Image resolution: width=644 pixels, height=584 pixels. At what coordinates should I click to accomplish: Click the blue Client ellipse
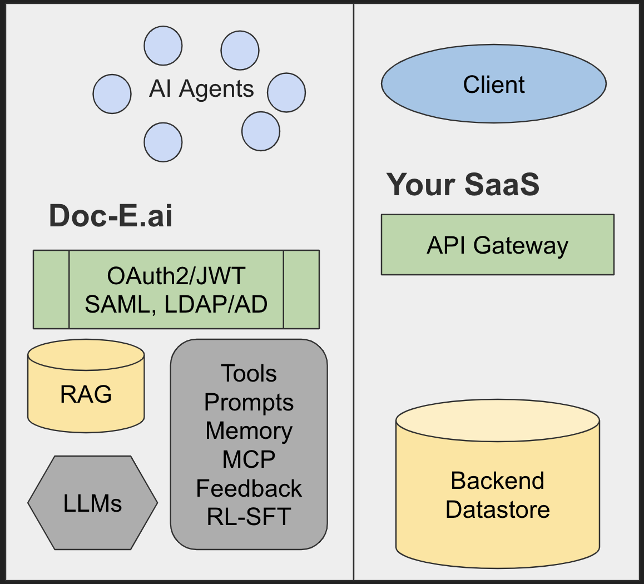493,85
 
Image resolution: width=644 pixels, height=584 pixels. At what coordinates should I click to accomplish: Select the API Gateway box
497,245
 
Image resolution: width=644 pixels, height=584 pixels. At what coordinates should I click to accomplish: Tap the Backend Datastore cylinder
497,489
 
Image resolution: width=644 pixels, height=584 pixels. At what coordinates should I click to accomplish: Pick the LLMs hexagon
92,503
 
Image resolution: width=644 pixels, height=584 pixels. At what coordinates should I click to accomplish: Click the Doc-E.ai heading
111,215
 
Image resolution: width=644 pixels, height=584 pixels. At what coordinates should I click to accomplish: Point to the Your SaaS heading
463,184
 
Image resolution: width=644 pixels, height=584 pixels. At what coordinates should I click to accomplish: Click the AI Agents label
201,89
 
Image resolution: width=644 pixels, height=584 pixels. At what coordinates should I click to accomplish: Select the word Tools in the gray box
249,373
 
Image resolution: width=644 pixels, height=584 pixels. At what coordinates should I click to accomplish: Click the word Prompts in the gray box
249,402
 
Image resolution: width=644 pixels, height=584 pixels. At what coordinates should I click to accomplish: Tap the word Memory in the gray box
249,431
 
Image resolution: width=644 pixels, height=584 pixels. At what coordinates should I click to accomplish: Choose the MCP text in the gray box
249,459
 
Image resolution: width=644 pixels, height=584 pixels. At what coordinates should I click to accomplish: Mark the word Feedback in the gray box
249,488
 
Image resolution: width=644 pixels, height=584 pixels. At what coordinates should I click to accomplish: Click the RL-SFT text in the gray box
249,517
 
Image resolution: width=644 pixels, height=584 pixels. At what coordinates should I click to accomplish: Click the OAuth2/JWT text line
176,276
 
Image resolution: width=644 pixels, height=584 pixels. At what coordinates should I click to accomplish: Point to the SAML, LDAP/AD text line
176,304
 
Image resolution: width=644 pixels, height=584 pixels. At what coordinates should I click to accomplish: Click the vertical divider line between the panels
354,334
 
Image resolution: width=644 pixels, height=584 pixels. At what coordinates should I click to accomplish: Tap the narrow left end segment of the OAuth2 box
51,289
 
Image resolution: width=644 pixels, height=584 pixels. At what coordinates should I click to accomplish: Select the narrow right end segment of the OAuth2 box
301,289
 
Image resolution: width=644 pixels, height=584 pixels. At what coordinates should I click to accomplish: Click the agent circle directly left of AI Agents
112,94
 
